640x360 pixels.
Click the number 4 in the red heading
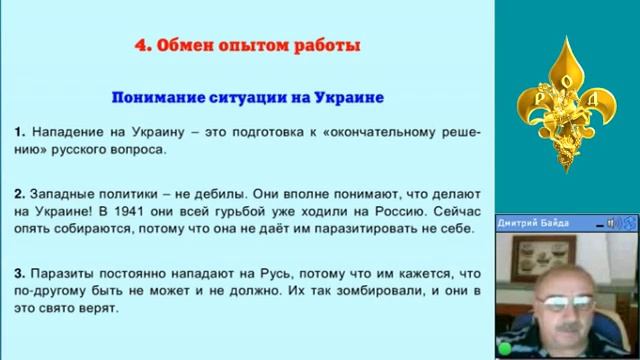point(140,46)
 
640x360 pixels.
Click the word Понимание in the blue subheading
point(157,99)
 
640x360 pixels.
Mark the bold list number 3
point(19,271)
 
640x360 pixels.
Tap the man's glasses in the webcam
point(560,297)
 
